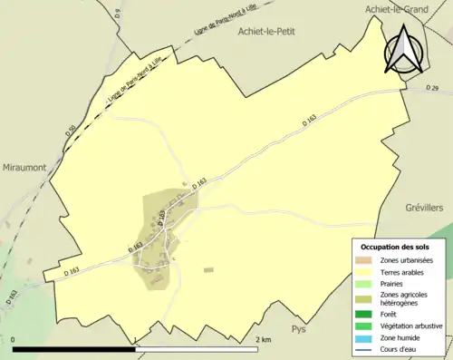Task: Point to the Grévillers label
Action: coord(419,208)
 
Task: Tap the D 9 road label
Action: coord(120,13)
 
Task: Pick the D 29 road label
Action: coord(432,88)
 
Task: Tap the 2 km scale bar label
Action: coord(264,339)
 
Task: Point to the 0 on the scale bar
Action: coord(14,339)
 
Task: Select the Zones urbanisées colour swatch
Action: coord(364,260)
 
